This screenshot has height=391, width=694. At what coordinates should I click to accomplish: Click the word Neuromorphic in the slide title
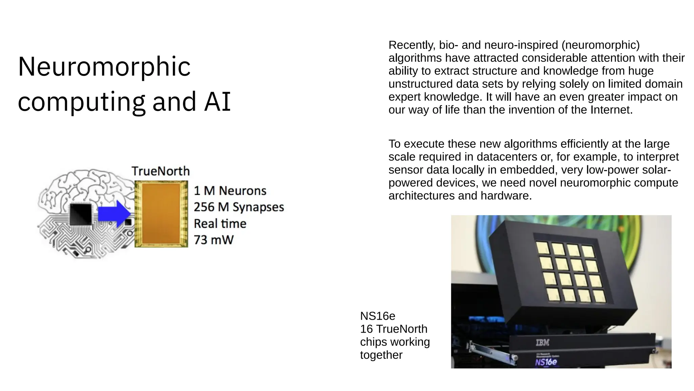tap(104, 67)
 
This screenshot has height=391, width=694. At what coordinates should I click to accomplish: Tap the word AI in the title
tap(217, 101)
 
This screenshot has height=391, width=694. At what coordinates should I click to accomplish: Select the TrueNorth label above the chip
tap(161, 171)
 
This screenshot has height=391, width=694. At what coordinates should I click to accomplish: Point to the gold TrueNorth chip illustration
tap(161, 214)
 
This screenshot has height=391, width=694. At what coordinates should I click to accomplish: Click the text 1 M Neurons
tap(230, 191)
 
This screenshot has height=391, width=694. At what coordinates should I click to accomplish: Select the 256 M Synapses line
tap(239, 207)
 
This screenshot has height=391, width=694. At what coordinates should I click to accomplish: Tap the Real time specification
tap(220, 224)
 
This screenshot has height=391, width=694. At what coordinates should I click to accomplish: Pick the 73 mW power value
tap(213, 240)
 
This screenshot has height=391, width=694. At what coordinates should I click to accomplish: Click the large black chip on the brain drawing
tap(81, 214)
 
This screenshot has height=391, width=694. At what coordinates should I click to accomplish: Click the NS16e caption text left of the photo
tap(377, 316)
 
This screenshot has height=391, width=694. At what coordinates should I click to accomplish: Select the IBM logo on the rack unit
tap(542, 343)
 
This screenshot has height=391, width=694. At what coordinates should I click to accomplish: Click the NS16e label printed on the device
tap(546, 362)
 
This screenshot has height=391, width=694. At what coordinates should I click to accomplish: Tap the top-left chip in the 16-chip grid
tap(543, 247)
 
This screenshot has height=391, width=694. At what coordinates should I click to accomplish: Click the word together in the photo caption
tap(381, 355)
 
